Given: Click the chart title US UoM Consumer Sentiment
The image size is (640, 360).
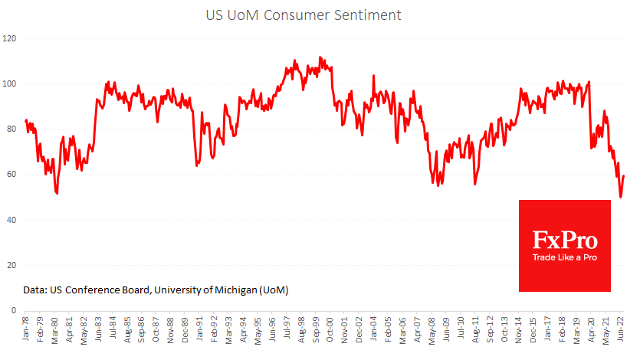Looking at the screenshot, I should coord(320,15).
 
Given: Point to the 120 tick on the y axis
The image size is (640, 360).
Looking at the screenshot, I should coord(11,38).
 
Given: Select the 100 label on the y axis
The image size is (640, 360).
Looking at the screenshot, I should coord(11,83).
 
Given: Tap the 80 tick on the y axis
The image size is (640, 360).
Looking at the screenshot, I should coord(11,129).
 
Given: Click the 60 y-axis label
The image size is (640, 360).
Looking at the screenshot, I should coord(11,175).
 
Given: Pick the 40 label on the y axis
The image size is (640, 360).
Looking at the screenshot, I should coord(11,220).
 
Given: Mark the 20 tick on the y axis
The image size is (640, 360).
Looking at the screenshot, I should coord(11,265).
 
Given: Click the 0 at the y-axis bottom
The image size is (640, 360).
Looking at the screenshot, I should coord(14,311).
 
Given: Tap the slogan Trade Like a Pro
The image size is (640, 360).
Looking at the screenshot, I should coord(564,257).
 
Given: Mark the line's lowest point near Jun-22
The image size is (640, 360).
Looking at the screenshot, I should coord(620,198).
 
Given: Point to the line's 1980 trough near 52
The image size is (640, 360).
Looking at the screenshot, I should coord(57,193).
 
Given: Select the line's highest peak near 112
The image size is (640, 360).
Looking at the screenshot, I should coord(320,57).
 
